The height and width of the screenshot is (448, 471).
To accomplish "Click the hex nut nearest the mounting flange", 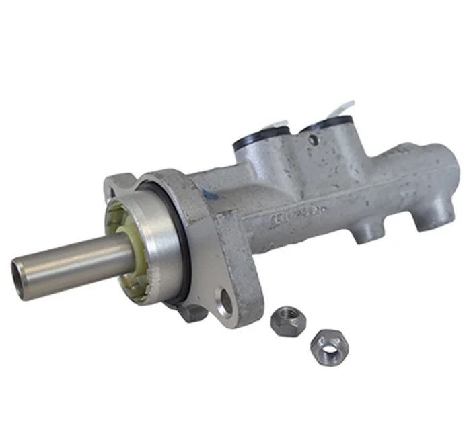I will click(288, 320).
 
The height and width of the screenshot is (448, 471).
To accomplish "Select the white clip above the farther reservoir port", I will click(343, 108).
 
